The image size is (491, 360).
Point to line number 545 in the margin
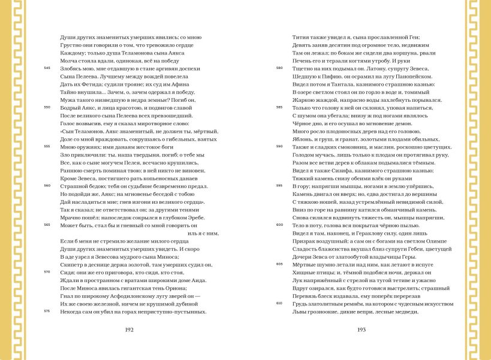click(x=47, y=68)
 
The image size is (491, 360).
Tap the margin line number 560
click(x=47, y=186)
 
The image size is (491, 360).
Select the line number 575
click(x=47, y=311)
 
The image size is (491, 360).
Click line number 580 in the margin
click(x=279, y=68)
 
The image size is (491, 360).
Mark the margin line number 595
click(x=279, y=186)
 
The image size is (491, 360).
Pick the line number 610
click(x=279, y=303)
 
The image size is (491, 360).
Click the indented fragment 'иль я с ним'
click(x=203, y=233)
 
